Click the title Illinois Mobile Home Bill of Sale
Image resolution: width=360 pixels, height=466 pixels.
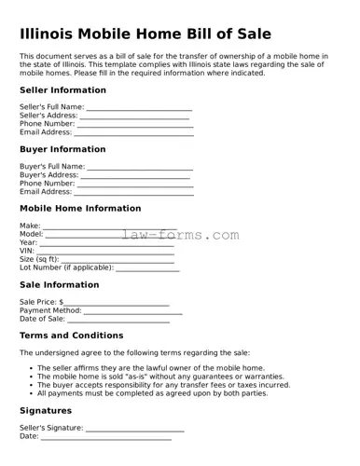(x=145, y=34)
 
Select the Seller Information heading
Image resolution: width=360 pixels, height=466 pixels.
(x=62, y=90)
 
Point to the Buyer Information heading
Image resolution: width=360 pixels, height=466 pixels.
(x=62, y=149)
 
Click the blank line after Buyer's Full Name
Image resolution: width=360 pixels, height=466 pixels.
(x=140, y=167)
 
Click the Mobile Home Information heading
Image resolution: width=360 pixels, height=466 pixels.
(x=80, y=209)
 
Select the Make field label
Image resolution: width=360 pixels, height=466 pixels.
(x=30, y=226)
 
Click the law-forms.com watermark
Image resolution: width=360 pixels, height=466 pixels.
(x=180, y=235)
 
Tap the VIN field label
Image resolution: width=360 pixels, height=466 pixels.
(x=27, y=251)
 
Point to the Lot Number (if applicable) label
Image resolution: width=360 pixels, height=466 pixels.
(x=66, y=267)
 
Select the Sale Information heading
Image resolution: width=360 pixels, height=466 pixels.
(x=59, y=285)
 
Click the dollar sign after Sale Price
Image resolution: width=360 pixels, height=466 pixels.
(x=62, y=302)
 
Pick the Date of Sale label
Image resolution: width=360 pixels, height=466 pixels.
(x=42, y=319)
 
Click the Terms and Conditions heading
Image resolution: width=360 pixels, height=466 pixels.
(x=71, y=336)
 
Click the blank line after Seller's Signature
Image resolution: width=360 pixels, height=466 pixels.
(x=135, y=429)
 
